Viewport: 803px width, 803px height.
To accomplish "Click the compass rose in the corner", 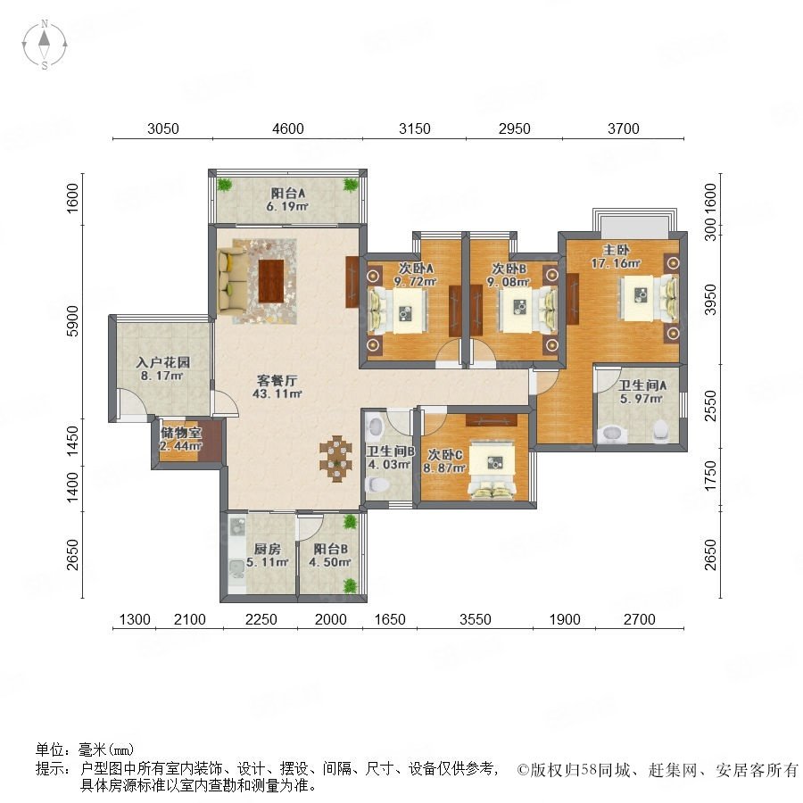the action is (45, 45).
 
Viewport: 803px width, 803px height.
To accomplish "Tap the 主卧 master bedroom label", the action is (616, 250).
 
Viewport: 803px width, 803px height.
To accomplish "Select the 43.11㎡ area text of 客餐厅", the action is (277, 393).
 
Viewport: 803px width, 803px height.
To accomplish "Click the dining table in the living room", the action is (336, 459).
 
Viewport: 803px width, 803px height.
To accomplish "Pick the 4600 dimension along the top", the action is (288, 128).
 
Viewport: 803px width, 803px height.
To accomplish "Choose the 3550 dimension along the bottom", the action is (476, 620).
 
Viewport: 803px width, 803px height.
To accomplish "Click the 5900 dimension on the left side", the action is (73, 321).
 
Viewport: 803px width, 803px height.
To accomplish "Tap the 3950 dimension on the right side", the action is (710, 300).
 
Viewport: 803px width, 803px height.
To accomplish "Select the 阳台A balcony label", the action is (288, 193).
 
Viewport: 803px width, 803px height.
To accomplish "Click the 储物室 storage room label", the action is (181, 433).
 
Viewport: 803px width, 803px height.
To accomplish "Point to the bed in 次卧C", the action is (493, 468).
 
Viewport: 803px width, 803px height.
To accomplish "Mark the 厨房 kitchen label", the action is (267, 549).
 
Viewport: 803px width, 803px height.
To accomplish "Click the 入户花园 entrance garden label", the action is (163, 362).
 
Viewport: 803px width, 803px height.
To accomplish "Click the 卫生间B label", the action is (390, 451).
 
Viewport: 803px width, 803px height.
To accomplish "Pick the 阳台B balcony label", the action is (330, 549).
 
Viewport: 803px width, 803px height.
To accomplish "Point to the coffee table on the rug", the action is (271, 281).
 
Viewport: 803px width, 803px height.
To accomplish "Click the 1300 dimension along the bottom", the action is (135, 620).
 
